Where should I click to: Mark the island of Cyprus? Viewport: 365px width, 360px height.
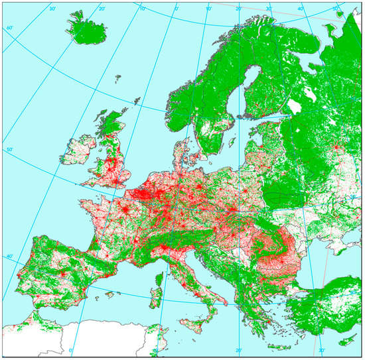pos(342,331)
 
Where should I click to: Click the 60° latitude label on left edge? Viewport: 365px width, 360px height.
pos(9,28)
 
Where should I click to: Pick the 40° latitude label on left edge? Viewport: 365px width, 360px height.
pos(9,257)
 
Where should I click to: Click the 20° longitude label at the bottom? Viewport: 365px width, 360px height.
pos(238,350)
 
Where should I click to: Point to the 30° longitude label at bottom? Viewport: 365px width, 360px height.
pos(321,350)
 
